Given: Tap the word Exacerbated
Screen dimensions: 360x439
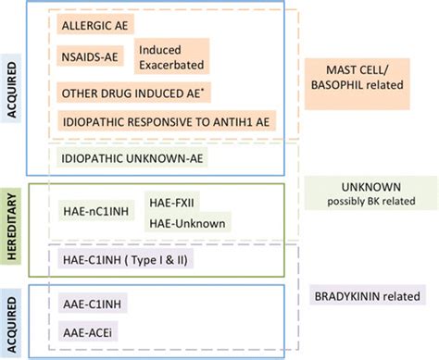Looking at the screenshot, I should coord(172,66).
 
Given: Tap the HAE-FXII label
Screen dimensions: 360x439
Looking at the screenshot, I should coord(172,201).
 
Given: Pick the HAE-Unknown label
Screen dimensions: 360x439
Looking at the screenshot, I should coord(186,222).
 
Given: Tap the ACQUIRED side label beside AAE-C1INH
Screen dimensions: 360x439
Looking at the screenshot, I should coord(13,314).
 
